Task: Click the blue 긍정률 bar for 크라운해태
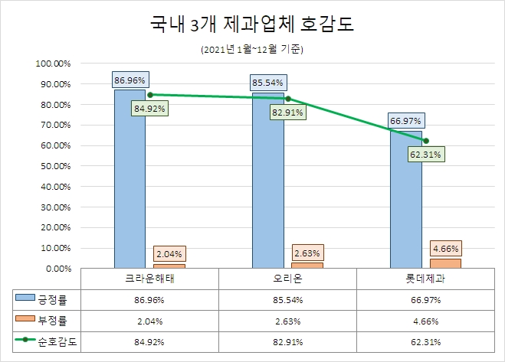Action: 130,184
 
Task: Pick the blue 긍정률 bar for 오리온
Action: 268,184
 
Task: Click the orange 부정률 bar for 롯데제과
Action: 451,263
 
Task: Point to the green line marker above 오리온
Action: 287,98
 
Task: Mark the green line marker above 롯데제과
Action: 426,140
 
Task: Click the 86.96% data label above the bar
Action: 130,79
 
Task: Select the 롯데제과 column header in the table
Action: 427,279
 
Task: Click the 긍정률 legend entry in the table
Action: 46,298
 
